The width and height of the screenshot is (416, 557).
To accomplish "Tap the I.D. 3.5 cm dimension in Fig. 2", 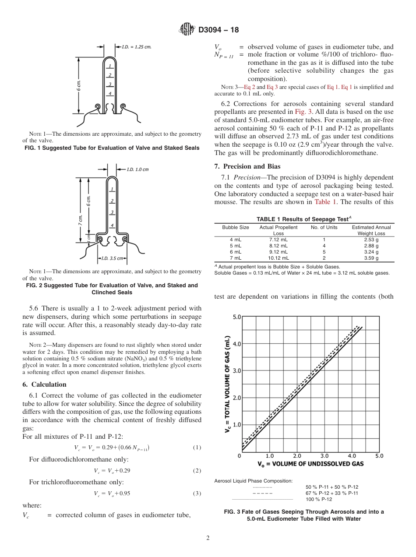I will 113,258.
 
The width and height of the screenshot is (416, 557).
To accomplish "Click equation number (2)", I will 197,471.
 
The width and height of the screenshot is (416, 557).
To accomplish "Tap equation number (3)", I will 197,494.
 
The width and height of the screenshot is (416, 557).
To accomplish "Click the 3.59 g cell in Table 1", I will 371,258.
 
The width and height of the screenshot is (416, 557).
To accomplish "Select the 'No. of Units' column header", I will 324,227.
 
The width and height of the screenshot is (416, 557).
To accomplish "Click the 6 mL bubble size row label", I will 236,252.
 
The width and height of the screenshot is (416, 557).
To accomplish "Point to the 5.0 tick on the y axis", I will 236,317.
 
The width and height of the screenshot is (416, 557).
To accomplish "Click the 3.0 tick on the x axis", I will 324,456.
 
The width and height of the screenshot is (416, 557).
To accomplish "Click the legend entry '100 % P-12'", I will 318,499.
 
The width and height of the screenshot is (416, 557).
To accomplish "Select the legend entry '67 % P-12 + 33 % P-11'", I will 331,493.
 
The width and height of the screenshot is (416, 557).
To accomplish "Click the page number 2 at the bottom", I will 208,538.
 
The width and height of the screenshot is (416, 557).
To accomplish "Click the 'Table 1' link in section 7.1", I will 323,202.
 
